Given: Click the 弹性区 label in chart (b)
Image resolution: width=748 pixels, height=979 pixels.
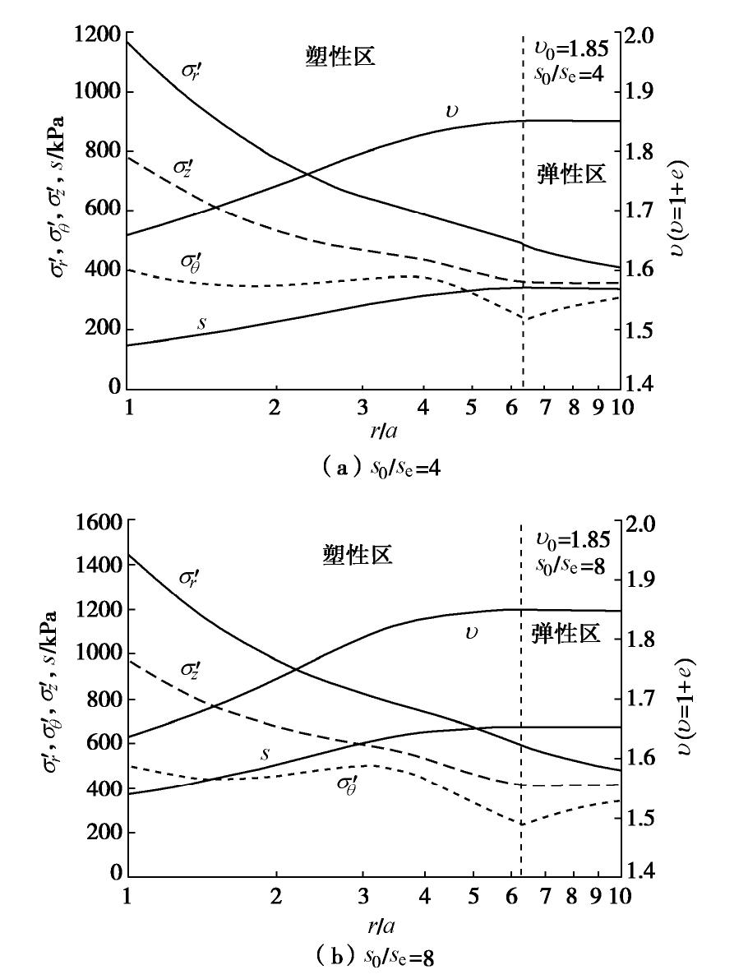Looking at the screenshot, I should (566, 634).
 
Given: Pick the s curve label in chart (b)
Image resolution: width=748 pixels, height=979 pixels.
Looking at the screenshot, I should (265, 753).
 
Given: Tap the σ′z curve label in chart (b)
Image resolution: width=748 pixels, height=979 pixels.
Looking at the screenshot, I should (188, 671).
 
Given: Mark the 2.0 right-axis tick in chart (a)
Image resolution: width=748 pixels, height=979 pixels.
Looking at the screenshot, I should (644, 35).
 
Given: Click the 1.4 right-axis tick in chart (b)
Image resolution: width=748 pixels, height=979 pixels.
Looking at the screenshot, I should (644, 871).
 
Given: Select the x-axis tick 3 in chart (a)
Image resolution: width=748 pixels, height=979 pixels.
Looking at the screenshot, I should (362, 408).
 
